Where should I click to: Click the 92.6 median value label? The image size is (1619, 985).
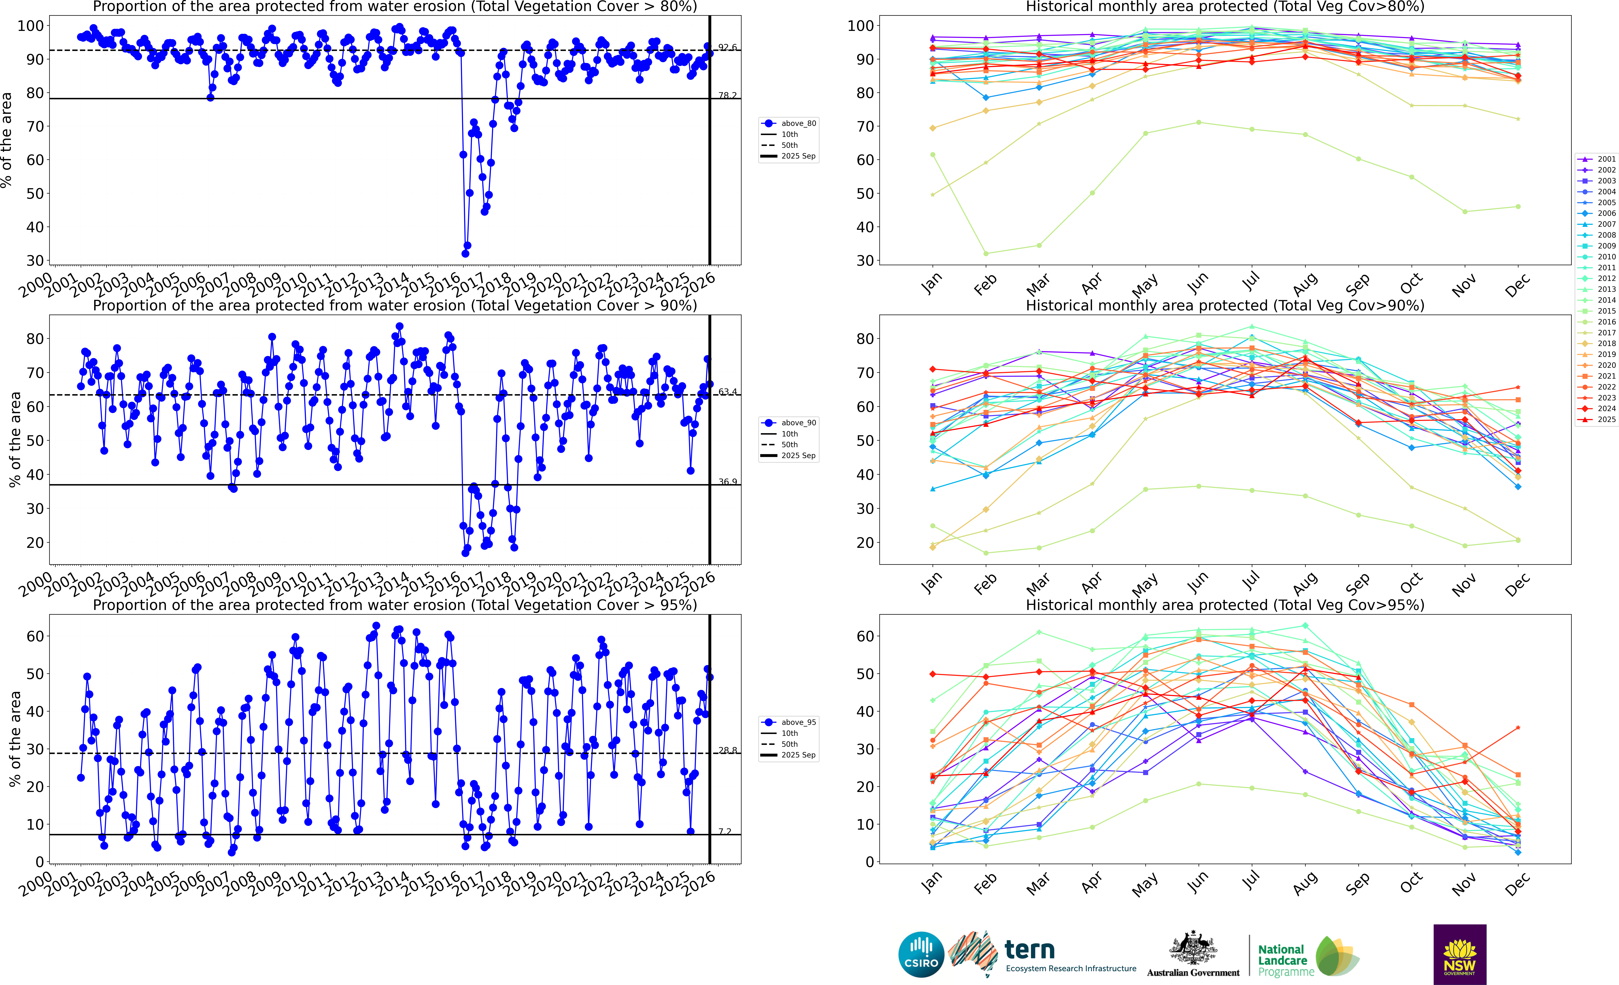[x=727, y=47]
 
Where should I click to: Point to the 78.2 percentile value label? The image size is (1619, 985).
[x=727, y=95]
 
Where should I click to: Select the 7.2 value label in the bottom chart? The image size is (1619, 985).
[x=725, y=831]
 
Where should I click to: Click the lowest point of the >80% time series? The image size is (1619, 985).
[x=465, y=253]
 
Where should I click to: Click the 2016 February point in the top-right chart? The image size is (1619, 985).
[x=986, y=253]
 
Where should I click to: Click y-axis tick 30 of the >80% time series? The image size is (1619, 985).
[x=35, y=261]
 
